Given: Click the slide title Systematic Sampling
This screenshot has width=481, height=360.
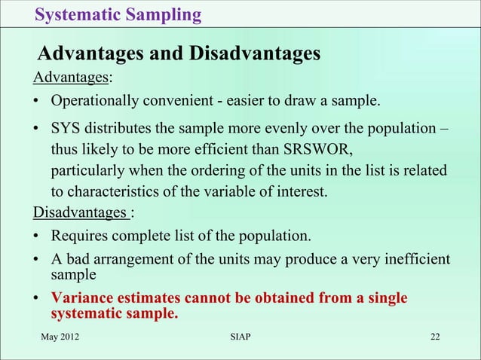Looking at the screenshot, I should (x=118, y=14).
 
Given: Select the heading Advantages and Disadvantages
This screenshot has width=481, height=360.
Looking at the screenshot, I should (x=179, y=54).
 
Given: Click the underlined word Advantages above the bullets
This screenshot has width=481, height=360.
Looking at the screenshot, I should (x=69, y=77).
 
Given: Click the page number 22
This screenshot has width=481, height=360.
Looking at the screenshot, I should (x=436, y=335).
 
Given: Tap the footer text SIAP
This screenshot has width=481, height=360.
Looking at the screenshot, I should (x=240, y=335).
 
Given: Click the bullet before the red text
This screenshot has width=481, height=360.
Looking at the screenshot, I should (x=35, y=300).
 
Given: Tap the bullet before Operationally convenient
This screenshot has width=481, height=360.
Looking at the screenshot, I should (x=35, y=102).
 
